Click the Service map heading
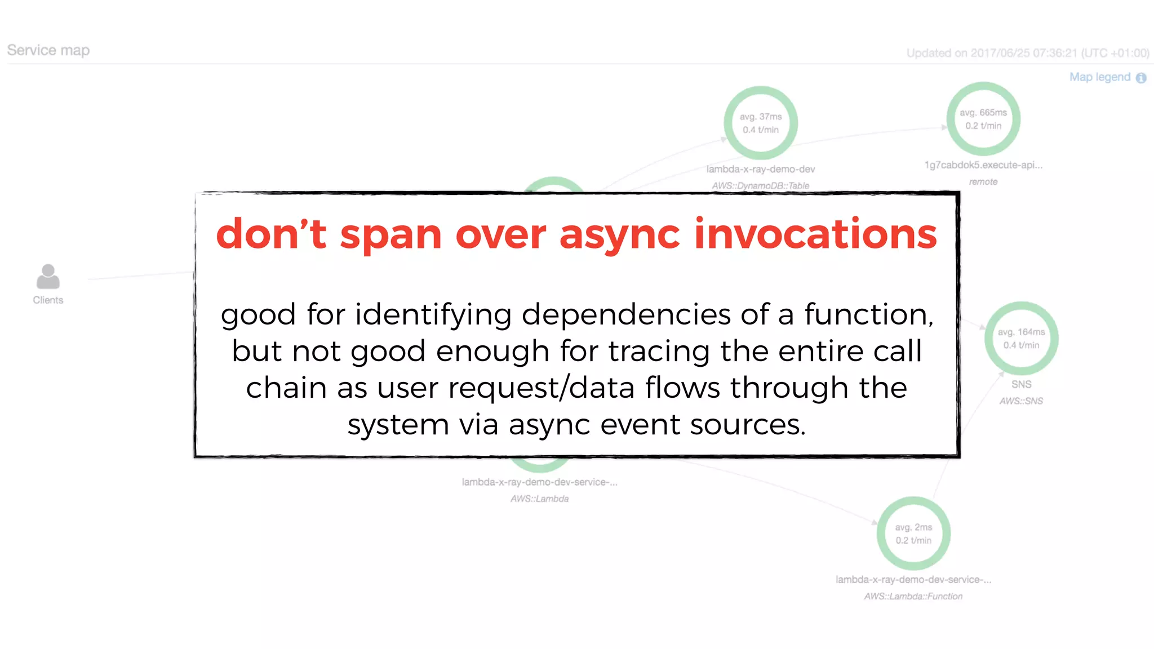coord(48,51)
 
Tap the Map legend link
coord(1099,77)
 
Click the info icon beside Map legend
coord(1141,78)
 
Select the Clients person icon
coord(48,277)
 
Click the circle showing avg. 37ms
coord(760,123)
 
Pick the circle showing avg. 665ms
coord(983,119)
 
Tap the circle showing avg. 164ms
coord(1021,339)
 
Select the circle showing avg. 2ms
coord(913,534)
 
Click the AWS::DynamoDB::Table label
coord(760,185)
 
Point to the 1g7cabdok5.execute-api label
coord(983,165)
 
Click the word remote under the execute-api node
coord(983,181)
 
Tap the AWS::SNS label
coord(1021,401)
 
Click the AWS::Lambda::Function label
coord(913,596)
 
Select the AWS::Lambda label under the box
coord(539,499)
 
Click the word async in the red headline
coord(619,234)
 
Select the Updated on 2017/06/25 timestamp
coord(1027,54)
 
